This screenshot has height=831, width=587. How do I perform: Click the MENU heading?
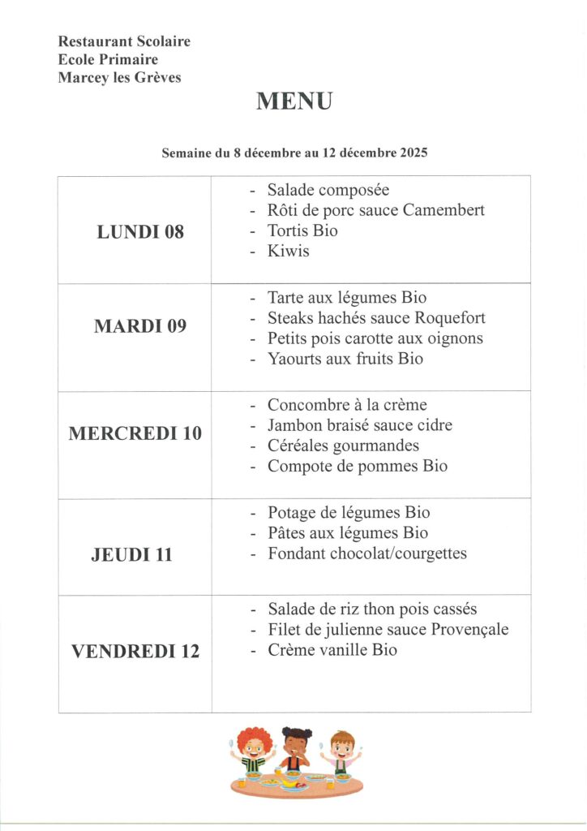tap(294, 102)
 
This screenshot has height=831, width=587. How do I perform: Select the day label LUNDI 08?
tap(140, 232)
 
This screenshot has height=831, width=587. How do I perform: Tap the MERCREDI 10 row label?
tap(135, 433)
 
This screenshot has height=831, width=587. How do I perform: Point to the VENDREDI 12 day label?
tap(135, 652)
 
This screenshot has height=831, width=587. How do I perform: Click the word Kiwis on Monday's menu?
tap(289, 251)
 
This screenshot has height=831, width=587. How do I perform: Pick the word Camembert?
tap(443, 210)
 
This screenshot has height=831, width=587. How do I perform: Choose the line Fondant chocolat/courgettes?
tap(367, 554)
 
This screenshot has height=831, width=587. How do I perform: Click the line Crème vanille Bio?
tap(332, 650)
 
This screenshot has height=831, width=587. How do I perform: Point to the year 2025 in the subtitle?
tap(413, 153)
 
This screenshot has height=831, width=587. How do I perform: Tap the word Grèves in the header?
tap(157, 78)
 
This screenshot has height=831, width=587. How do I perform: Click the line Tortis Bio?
tap(302, 230)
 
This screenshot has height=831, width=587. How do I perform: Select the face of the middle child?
tap(296, 747)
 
